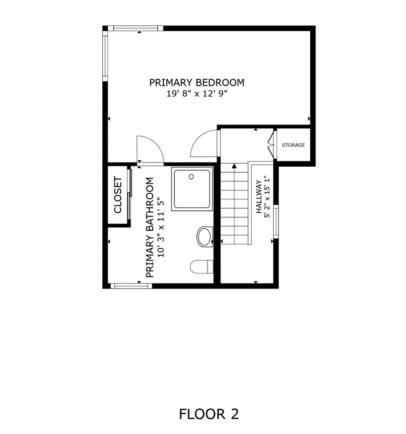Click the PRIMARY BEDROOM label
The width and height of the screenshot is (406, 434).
point(197,82)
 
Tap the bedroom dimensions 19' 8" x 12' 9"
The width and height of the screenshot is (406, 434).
point(197,94)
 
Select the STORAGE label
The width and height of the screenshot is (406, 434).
point(293,145)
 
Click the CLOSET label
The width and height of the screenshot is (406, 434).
point(118,195)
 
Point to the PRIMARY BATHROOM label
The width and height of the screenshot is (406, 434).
point(150,227)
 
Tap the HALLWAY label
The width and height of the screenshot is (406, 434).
point(259,197)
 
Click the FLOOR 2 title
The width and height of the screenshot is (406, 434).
point(209,414)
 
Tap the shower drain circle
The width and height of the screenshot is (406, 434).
point(191,177)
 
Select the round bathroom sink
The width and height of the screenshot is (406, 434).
point(205,236)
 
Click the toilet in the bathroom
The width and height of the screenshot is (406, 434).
point(201,267)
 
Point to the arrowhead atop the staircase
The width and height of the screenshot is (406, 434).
point(234,166)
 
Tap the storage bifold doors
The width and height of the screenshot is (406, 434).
point(271,145)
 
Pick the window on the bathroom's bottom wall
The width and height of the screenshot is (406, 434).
point(131,286)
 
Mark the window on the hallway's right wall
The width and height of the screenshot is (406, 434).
point(276,221)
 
